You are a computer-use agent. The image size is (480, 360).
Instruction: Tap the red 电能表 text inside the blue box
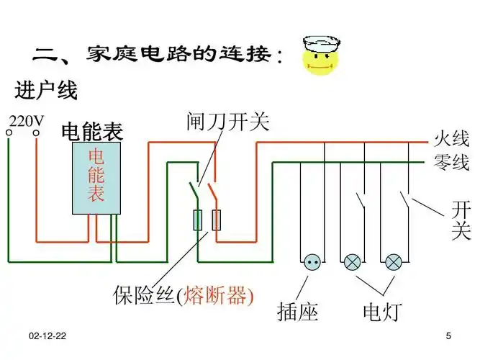[96, 175]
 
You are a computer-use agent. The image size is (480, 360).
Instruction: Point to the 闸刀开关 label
[227, 122]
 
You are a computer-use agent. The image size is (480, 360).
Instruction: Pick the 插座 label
[297, 311]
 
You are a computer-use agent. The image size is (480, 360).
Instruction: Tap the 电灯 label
[383, 311]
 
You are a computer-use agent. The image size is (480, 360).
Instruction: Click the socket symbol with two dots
[312, 262]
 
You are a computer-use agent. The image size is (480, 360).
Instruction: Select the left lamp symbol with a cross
[352, 262]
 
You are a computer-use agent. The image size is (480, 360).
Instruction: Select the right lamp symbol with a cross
[393, 262]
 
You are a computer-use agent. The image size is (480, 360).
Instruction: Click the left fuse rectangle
[197, 220]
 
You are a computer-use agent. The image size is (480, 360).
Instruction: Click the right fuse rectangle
[215, 220]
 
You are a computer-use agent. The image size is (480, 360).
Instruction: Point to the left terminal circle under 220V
[9, 132]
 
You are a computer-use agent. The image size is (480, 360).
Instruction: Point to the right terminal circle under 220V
[35, 132]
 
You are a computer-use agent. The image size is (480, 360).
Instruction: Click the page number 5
[448, 337]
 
